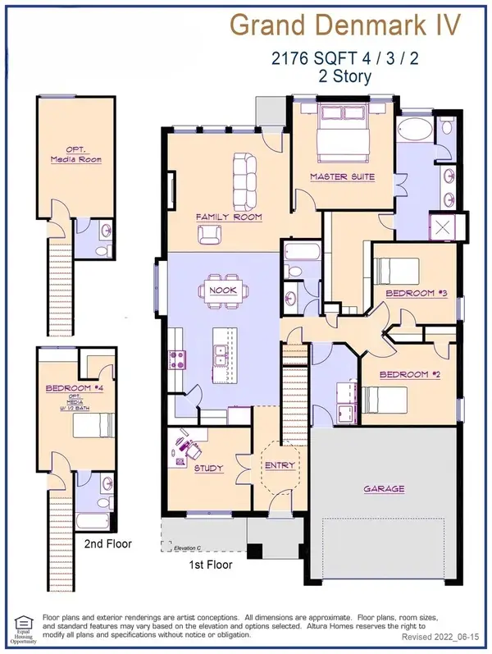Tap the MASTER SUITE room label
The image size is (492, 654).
pyautogui.click(x=342, y=177)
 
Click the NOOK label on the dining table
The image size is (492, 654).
pyautogui.click(x=223, y=290)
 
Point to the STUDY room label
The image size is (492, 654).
pyautogui.click(x=208, y=469)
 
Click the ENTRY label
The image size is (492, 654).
pyautogui.click(x=274, y=465)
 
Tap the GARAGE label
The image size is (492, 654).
pyautogui.click(x=384, y=489)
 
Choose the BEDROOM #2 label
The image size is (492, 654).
pyautogui.click(x=405, y=374)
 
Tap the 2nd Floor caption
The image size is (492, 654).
pyautogui.click(x=107, y=543)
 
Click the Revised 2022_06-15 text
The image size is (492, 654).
pyautogui.click(x=444, y=637)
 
